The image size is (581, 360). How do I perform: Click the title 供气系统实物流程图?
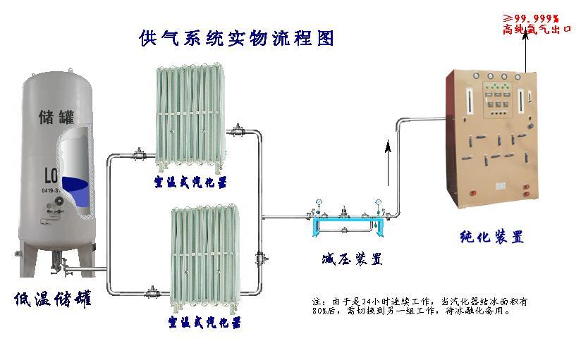(237, 37)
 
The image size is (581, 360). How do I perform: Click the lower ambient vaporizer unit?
(204, 258)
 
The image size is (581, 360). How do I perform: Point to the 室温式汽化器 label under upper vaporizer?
(190, 182)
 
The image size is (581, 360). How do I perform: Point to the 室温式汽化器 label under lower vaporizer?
(204, 323)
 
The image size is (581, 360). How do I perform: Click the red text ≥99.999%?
(530, 18)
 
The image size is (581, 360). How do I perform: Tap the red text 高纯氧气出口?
(537, 30)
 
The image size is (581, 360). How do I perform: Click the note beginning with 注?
(419, 306)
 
